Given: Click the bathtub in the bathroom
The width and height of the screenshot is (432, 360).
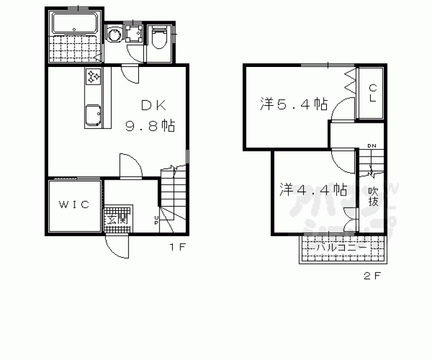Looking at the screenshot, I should pyautogui.click(x=75, y=26).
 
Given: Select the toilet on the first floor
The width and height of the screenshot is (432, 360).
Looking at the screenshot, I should pyautogui.click(x=158, y=38).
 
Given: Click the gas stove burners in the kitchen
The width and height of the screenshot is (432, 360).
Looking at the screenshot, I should pyautogui.click(x=95, y=78).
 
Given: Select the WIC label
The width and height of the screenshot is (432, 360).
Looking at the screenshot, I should pyautogui.click(x=75, y=205).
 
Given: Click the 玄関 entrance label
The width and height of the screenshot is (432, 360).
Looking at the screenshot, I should pyautogui.click(x=116, y=219).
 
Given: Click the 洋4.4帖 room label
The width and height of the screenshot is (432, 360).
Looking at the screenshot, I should pyautogui.click(x=314, y=188).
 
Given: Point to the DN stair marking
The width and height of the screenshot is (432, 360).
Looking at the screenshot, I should pyautogui.click(x=372, y=147).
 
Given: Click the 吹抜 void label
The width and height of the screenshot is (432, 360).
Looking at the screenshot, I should pyautogui.click(x=373, y=196).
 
